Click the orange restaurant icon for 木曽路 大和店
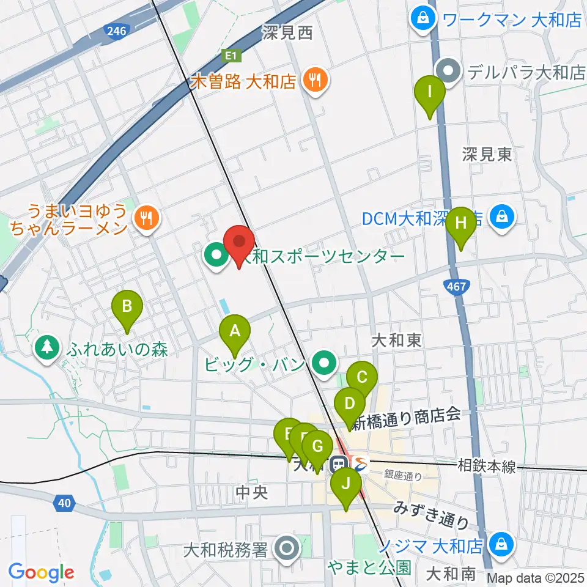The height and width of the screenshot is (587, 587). pos(315,81)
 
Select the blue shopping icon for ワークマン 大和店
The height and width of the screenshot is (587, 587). pos(423,19)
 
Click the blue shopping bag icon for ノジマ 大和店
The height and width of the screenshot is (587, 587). pos(501,543)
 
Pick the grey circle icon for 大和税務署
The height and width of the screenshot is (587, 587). pos(286,548)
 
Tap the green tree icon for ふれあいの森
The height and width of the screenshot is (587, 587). pos(46,349)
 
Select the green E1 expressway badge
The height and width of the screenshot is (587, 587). pos(231,56)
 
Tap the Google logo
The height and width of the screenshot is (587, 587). pos(41,572)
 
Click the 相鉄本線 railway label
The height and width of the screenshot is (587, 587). pos(487,467)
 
